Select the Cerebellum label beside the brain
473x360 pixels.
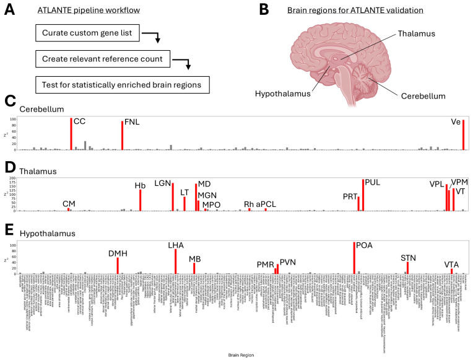click(423, 96)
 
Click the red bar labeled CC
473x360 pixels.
click(71, 134)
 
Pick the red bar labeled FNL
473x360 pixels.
click(122, 135)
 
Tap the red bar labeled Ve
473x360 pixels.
click(463, 134)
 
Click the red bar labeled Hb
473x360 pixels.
click(141, 200)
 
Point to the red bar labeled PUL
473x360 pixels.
click(363, 195)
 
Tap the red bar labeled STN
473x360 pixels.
click(408, 268)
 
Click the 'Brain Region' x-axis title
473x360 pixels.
click(237, 356)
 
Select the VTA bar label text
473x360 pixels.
click(451, 265)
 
